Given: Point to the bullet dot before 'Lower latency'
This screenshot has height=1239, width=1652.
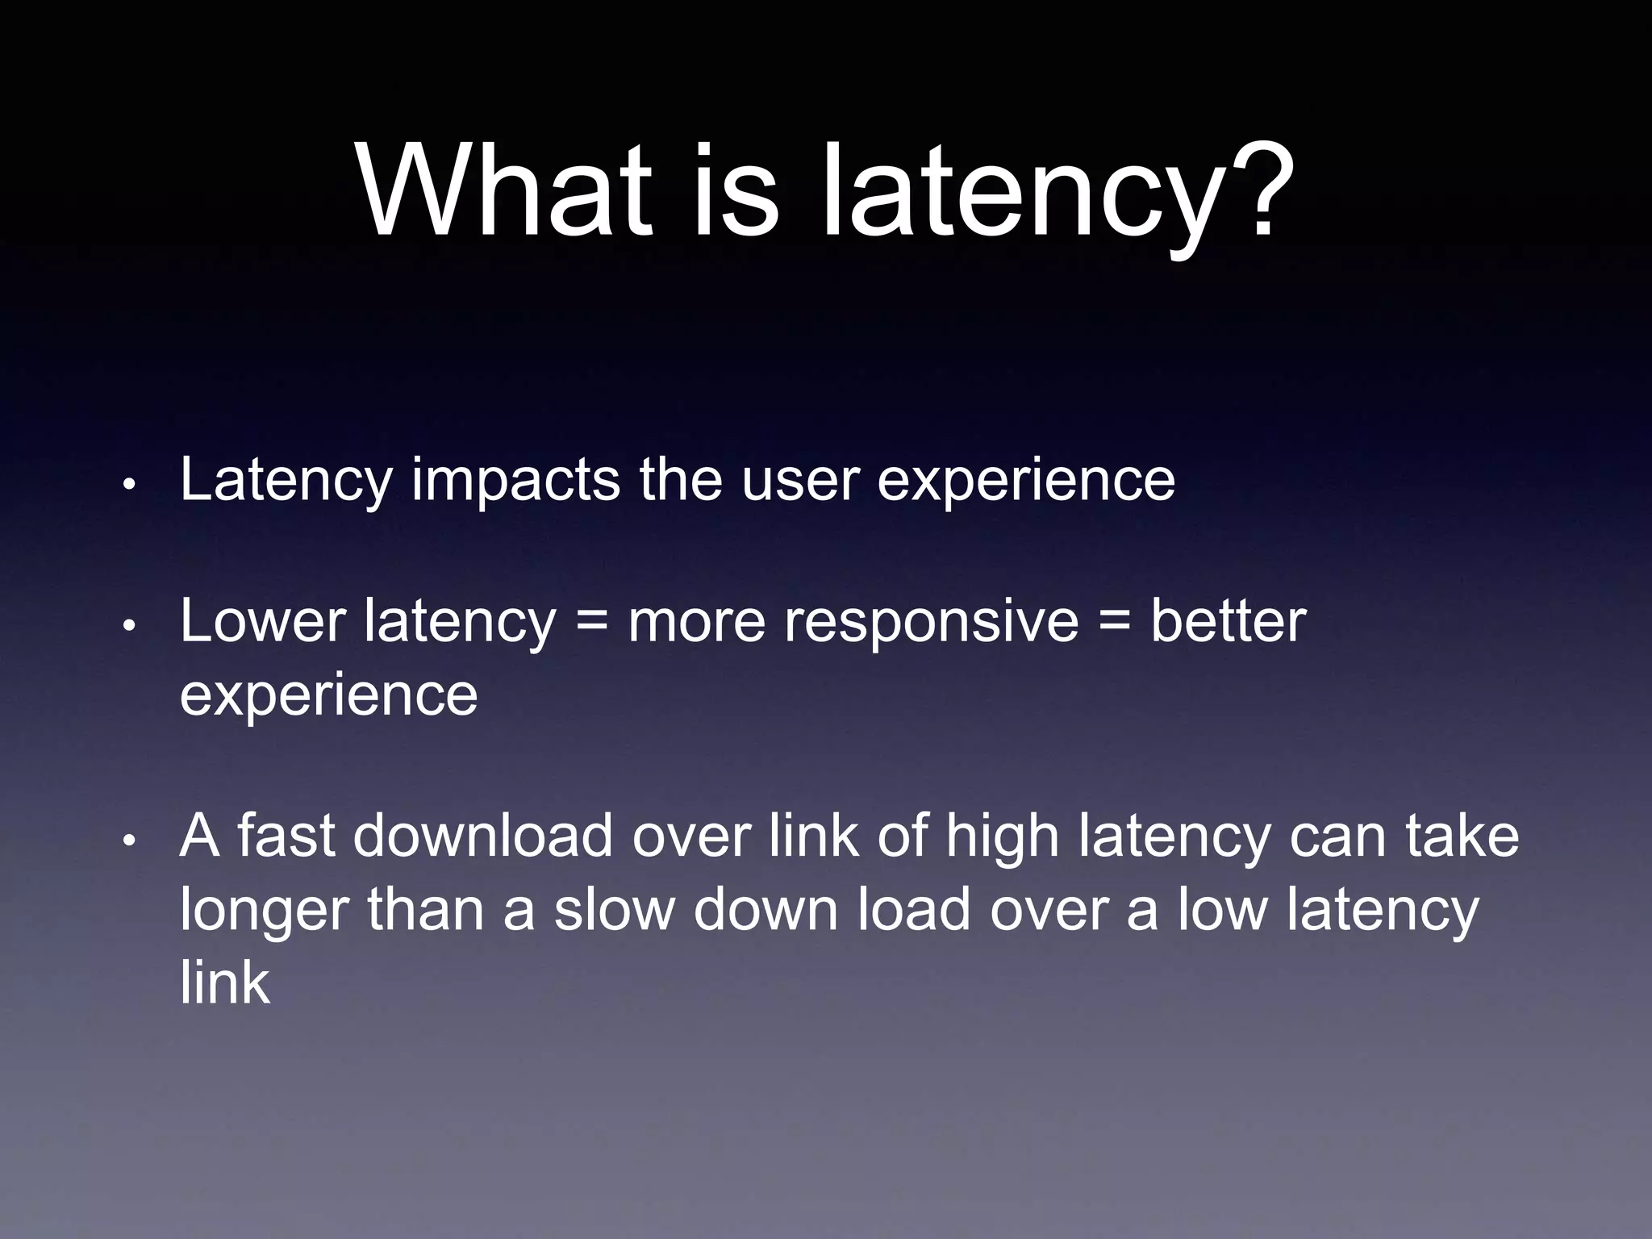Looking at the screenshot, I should pos(128,627).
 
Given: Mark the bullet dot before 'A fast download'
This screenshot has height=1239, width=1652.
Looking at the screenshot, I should pos(128,841).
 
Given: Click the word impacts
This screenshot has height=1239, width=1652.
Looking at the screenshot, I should pos(515,482).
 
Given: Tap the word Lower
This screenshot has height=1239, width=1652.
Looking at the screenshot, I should pos(262,622).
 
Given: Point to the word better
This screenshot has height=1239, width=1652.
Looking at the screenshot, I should pos(1228,622).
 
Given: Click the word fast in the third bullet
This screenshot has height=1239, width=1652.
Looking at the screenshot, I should pos(286,836).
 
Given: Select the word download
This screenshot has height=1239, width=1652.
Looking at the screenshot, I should pos(483,836).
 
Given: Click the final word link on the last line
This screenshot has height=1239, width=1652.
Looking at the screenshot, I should pos(224,982).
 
